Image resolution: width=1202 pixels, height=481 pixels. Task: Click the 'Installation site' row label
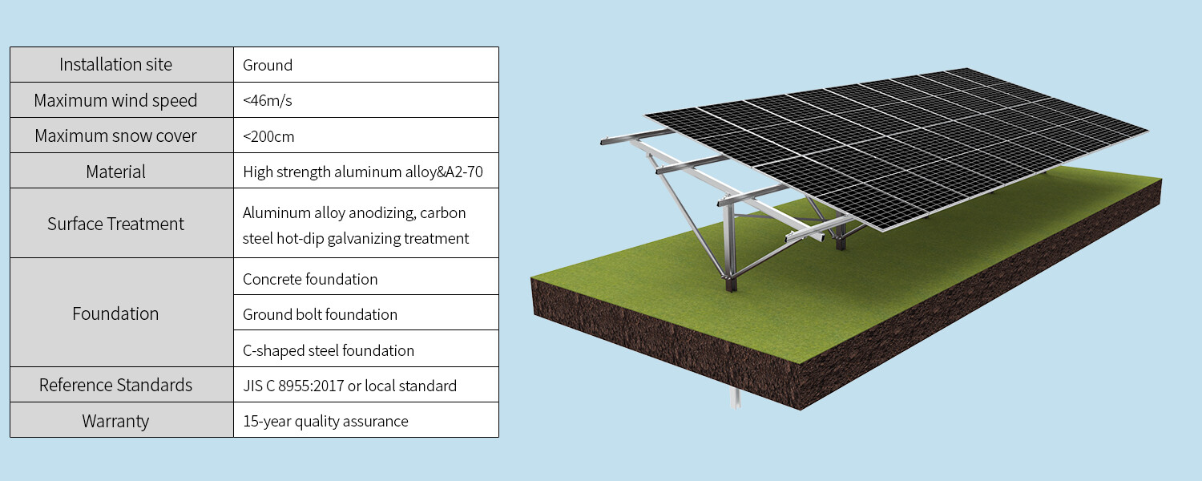[115, 65]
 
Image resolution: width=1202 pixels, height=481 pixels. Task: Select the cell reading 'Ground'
[268, 66]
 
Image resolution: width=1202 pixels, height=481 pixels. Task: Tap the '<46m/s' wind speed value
[267, 101]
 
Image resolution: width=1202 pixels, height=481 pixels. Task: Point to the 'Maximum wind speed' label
[115, 101]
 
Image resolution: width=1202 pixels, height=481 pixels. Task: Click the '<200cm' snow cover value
[268, 136]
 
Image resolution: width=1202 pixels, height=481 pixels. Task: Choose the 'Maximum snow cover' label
[115, 136]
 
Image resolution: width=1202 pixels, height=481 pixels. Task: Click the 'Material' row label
[115, 172]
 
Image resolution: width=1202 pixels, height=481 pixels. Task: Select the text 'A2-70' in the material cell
[464, 172]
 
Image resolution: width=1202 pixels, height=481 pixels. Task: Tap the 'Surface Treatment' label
[115, 224]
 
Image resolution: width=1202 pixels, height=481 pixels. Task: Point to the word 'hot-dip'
[299, 239]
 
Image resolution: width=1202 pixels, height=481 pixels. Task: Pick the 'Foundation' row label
[115, 313]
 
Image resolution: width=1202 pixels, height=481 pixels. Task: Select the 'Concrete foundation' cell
[310, 279]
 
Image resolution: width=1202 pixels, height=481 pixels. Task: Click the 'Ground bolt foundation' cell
[320, 314]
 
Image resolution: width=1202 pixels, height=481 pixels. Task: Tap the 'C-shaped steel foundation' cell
[329, 350]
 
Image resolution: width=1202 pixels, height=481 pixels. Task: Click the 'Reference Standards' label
[115, 386]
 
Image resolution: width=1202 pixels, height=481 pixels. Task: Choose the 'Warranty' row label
[115, 421]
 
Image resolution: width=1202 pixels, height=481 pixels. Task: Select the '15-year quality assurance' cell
[325, 421]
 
